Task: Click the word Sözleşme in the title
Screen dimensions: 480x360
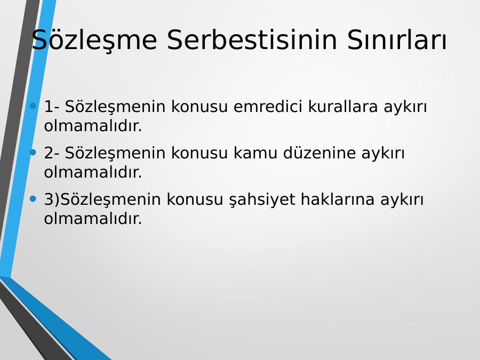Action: (94, 41)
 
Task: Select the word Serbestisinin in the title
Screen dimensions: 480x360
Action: (252, 40)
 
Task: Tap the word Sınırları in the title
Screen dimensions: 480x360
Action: (397, 40)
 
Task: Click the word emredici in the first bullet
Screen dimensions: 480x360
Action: (268, 107)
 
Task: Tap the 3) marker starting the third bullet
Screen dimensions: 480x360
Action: (52, 199)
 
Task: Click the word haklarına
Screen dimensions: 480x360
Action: (338, 199)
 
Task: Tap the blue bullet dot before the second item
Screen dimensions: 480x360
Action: (33, 152)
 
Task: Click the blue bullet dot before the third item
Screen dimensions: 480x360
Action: (33, 199)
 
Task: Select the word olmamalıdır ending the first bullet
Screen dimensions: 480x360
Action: (93, 126)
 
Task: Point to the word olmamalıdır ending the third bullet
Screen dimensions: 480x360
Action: (93, 219)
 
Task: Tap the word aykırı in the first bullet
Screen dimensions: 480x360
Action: (405, 107)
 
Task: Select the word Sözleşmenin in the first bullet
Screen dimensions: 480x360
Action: (115, 107)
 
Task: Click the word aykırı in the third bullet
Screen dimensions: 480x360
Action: (402, 200)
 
